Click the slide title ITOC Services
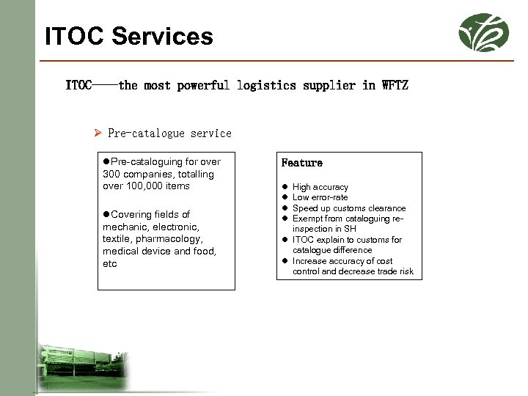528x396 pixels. (129, 36)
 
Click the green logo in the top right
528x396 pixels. (483, 32)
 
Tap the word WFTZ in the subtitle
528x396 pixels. (395, 85)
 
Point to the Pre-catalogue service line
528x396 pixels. (169, 133)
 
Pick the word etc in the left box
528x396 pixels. (110, 263)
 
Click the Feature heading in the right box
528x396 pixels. (301, 163)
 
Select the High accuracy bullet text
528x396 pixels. (320, 187)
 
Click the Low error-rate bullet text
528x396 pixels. (320, 197)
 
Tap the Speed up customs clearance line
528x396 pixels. (348, 208)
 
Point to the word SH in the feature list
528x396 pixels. (350, 229)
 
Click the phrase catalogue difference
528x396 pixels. (331, 250)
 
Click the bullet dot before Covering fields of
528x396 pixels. (106, 214)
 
